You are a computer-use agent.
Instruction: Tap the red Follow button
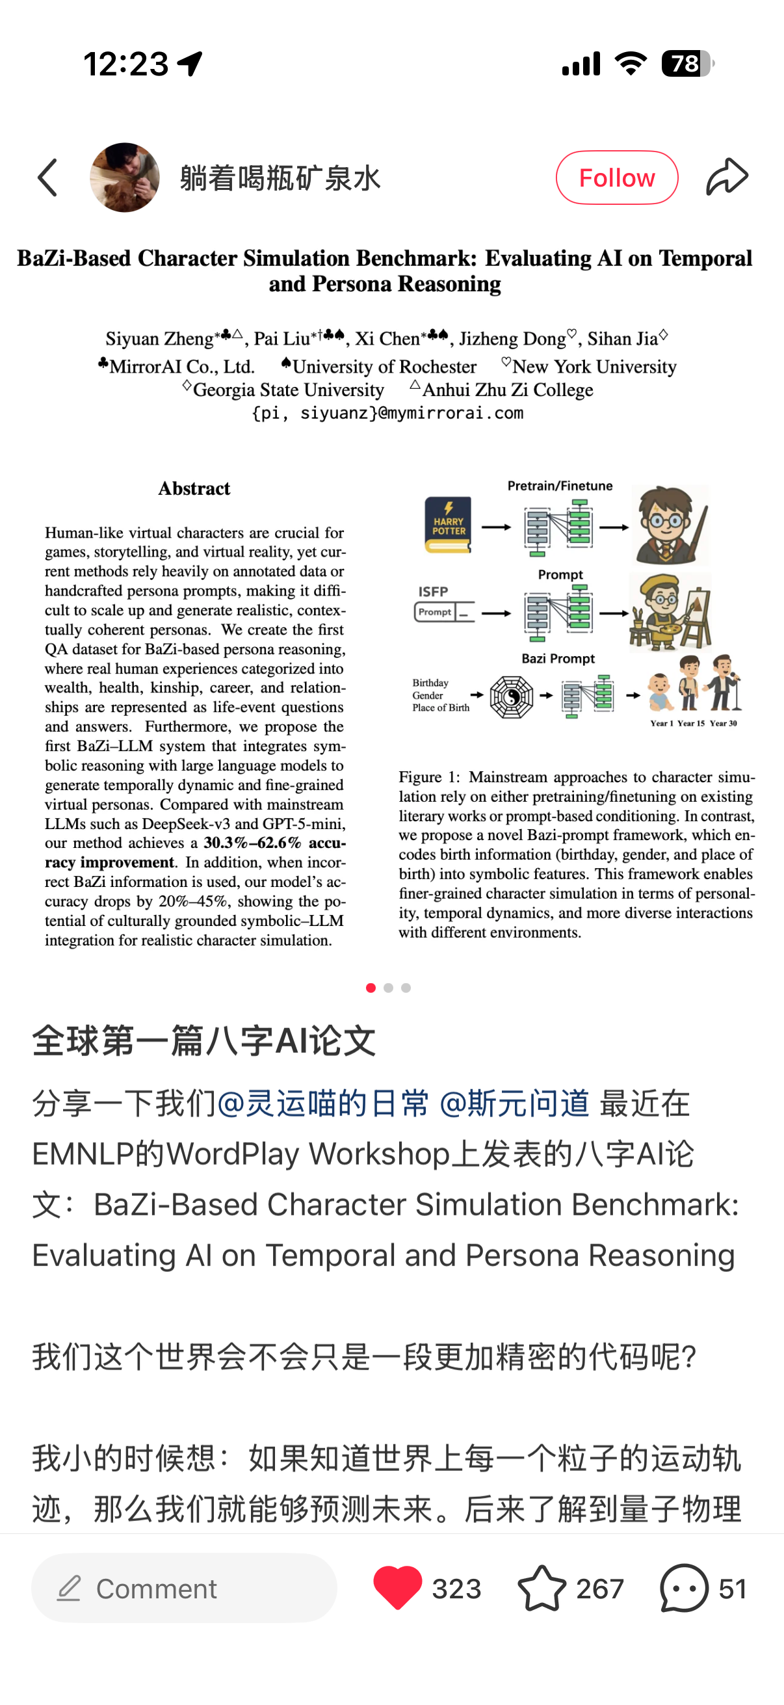tap(617, 178)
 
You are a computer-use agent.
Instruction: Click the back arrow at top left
tap(47, 178)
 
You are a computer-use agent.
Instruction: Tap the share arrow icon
tap(726, 177)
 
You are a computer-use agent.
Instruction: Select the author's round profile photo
tap(124, 178)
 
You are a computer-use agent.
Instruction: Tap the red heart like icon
tap(397, 1587)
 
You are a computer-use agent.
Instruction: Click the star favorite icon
tap(541, 1587)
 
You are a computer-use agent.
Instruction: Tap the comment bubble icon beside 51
tap(684, 1587)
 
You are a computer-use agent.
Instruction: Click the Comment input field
tap(184, 1587)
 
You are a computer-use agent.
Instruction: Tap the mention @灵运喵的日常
tap(323, 1104)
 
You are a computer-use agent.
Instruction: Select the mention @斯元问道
tap(514, 1104)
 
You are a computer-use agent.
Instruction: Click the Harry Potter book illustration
tap(448, 525)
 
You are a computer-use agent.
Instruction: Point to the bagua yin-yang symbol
tap(512, 696)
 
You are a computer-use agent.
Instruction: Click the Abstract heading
tap(194, 488)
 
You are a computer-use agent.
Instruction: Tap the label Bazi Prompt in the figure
tap(558, 659)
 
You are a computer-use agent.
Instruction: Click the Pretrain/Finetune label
tap(560, 486)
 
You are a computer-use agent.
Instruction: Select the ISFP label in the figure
tap(434, 591)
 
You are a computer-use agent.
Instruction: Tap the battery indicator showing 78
tap(687, 64)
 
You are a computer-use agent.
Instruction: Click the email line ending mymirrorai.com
tap(387, 413)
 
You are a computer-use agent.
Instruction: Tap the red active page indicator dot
tap(371, 988)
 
